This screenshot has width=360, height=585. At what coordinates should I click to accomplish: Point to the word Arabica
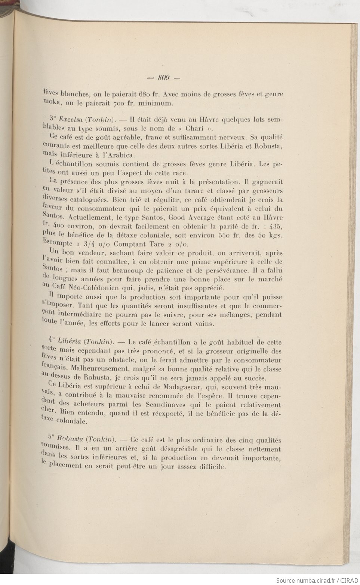[x=122, y=155]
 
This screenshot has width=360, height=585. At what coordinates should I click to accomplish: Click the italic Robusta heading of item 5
[x=71, y=440]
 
